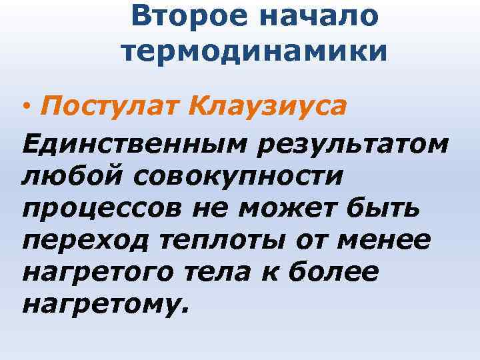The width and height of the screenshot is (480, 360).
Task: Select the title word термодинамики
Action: pyautogui.click(x=254, y=51)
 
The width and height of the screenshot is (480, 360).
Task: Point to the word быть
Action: pyautogui.click(x=387, y=209)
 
